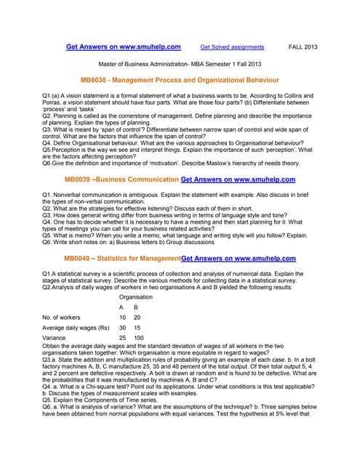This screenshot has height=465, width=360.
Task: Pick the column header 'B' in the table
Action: coord(136,307)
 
